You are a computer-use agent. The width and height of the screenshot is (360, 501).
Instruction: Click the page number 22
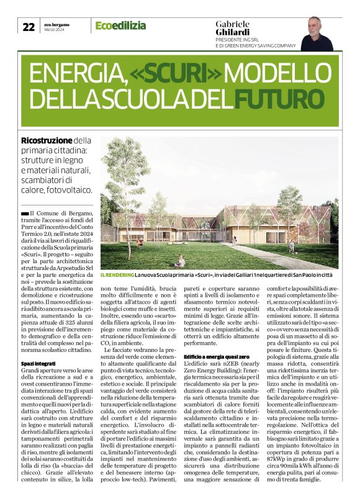coord(29,27)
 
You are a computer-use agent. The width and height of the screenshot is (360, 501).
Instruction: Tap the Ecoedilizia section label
coord(120,25)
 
